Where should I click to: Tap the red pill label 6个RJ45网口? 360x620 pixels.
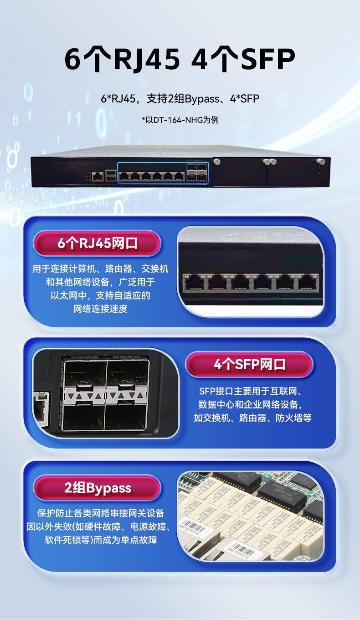pos(97,243)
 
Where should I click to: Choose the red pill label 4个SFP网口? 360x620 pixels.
pos(249,364)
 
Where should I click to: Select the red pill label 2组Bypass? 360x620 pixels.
pos(98,488)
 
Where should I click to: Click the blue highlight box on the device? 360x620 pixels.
pos(163,173)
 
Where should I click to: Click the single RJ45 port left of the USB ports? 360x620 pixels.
pos(97,176)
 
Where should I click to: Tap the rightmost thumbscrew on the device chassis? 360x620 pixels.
pos(321,161)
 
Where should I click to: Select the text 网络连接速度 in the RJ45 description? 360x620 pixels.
pos(100,309)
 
